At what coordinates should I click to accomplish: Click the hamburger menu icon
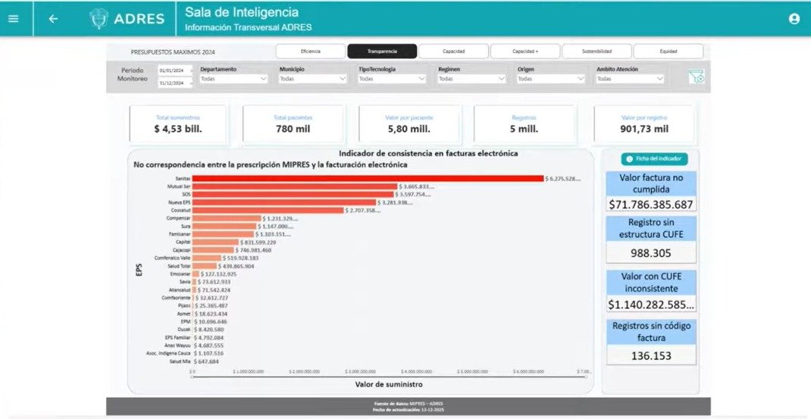click(13, 19)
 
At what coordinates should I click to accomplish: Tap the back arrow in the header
click(53, 19)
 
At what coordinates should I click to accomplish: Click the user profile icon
click(794, 19)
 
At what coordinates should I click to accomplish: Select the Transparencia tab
click(382, 52)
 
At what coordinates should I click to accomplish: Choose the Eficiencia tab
click(310, 52)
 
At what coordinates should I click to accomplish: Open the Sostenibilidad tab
click(597, 52)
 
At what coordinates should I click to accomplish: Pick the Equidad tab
click(668, 52)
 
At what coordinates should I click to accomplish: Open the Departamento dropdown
click(233, 78)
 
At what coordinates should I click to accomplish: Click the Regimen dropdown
click(471, 78)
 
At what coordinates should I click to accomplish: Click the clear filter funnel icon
click(696, 77)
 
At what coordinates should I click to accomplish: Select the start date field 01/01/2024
click(174, 70)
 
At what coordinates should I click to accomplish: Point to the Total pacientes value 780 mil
click(293, 129)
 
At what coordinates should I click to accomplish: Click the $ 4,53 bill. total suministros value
click(178, 129)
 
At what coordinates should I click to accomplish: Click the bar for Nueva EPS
click(284, 202)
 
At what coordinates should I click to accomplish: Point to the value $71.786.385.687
click(651, 205)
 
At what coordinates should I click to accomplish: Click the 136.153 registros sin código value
click(651, 355)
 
